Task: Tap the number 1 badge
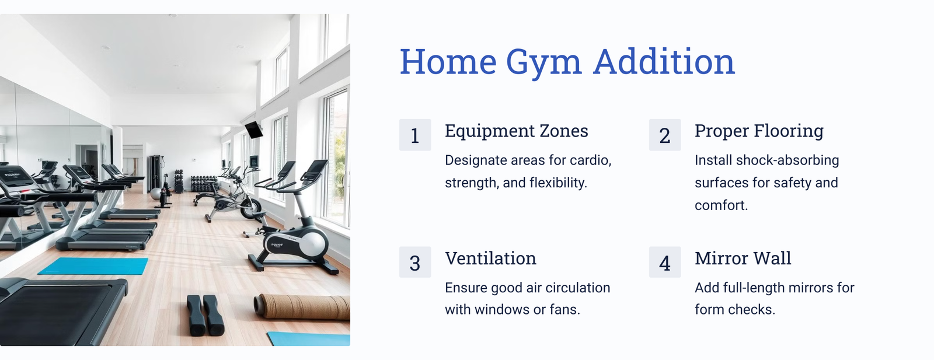click(415, 135)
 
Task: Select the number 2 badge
click(665, 135)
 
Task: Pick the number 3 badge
click(415, 262)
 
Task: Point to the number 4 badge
click(665, 262)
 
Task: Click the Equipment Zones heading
click(516, 131)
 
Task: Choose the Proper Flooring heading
click(759, 131)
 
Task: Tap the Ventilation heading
click(490, 258)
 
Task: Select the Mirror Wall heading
click(743, 258)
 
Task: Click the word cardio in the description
click(590, 160)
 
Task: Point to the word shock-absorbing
click(787, 160)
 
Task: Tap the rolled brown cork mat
click(301, 307)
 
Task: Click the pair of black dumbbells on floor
click(205, 316)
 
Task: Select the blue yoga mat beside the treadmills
click(93, 266)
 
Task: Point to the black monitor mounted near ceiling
click(253, 130)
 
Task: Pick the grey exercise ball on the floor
click(155, 194)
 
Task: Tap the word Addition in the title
click(664, 62)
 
